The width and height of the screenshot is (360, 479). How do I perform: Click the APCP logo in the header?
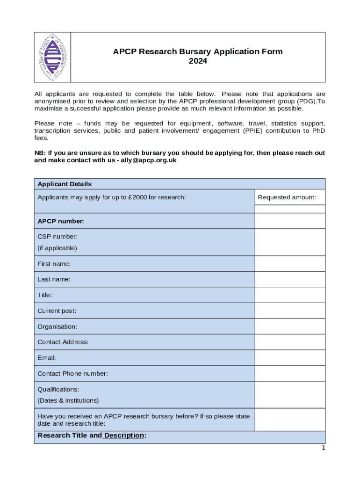(x=52, y=57)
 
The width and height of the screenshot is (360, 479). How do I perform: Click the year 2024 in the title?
(x=198, y=61)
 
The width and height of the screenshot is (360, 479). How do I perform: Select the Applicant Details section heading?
(x=65, y=184)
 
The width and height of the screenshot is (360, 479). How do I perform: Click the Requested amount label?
(x=287, y=197)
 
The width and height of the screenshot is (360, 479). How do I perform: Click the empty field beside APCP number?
(x=289, y=221)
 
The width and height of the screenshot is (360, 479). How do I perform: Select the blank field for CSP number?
(x=289, y=242)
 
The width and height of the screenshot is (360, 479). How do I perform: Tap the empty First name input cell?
(x=289, y=264)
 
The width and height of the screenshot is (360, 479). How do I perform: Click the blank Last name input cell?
(x=289, y=279)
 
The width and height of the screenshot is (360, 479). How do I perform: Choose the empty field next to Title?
(x=289, y=295)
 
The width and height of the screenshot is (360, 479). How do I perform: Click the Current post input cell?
(x=289, y=311)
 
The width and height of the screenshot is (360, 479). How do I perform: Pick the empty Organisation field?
(x=289, y=327)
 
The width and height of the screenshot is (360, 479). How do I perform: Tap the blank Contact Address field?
(x=289, y=342)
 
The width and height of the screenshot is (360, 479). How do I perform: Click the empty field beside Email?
(x=289, y=358)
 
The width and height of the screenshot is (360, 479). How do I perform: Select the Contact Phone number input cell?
(x=289, y=373)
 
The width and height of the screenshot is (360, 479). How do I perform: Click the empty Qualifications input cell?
(x=289, y=394)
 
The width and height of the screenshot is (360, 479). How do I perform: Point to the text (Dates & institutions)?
(x=68, y=400)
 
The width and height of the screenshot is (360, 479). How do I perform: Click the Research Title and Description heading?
(x=92, y=435)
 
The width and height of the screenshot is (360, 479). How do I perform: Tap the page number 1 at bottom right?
(x=323, y=448)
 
